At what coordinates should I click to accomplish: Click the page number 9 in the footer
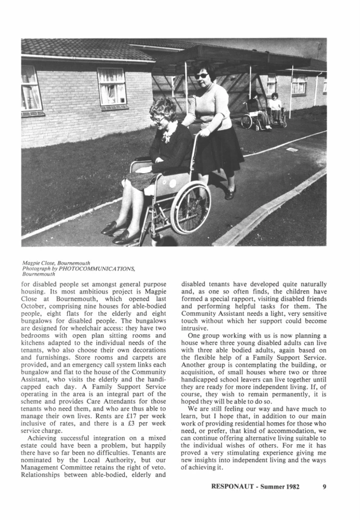[324, 487]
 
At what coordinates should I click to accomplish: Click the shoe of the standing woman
[230, 195]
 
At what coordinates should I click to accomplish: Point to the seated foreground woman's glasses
[157, 117]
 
